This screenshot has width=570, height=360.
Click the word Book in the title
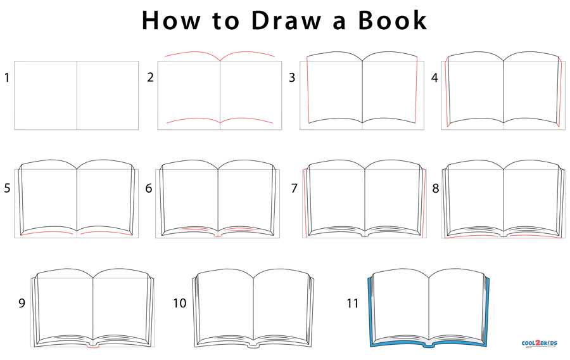tap(393, 20)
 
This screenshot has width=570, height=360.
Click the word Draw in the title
tap(286, 20)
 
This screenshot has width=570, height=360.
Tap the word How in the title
tap(171, 20)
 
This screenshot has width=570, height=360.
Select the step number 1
tap(6, 77)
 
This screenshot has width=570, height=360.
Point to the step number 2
tap(150, 77)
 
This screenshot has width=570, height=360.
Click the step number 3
tap(292, 77)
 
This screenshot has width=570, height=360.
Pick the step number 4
tap(434, 78)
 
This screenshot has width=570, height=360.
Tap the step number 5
tap(7, 188)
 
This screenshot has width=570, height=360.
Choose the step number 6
tap(149, 188)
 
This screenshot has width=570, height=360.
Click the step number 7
tap(294, 188)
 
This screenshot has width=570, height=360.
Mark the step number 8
tap(436, 188)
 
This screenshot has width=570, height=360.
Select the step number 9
tap(22, 303)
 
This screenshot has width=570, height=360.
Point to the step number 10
tap(180, 303)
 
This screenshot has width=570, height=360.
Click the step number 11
tap(353, 303)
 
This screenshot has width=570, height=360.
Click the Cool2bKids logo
tap(540, 344)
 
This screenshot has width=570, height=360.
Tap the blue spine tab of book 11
tap(429, 344)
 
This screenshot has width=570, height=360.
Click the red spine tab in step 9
tap(93, 346)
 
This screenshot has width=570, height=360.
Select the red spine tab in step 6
tap(218, 235)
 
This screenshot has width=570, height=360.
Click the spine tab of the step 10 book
tap(254, 344)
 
